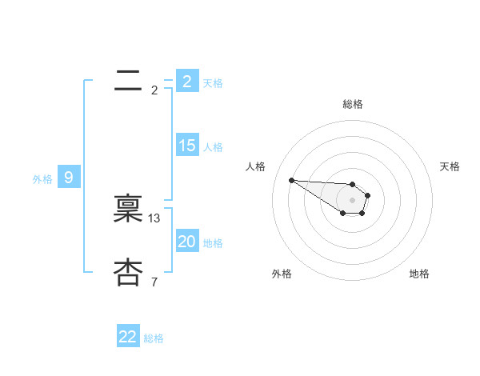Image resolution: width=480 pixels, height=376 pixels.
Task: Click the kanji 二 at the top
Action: (x=129, y=80)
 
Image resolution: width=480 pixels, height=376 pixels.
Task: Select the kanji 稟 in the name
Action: (x=129, y=210)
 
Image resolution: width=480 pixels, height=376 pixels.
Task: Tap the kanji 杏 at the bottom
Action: (x=129, y=273)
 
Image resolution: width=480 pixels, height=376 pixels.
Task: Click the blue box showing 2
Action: (x=186, y=81)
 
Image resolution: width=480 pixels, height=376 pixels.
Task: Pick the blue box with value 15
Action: (x=186, y=146)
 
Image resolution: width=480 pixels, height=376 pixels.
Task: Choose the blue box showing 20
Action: (x=186, y=242)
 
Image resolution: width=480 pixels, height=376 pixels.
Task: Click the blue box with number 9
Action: (x=69, y=178)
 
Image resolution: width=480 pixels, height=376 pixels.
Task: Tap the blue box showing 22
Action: (x=128, y=337)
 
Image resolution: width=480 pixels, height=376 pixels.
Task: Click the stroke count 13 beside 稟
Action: (x=154, y=218)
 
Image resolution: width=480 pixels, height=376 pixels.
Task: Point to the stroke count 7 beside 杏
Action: (x=154, y=282)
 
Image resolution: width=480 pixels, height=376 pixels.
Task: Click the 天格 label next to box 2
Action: (x=213, y=82)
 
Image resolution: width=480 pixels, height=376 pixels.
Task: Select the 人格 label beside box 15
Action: (x=213, y=147)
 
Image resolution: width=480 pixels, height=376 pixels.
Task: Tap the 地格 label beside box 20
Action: (x=213, y=243)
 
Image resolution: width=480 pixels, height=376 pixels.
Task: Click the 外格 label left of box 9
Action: (x=42, y=179)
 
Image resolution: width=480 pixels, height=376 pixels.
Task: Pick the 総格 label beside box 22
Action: (x=154, y=338)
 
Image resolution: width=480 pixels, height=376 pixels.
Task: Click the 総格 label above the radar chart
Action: (x=353, y=104)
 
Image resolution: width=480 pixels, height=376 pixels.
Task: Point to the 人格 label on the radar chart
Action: (x=255, y=166)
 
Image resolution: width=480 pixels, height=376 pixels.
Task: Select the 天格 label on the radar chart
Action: (x=450, y=166)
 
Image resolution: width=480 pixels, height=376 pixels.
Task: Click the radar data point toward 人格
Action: (x=291, y=180)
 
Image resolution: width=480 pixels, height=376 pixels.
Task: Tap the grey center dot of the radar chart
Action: (x=352, y=200)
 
